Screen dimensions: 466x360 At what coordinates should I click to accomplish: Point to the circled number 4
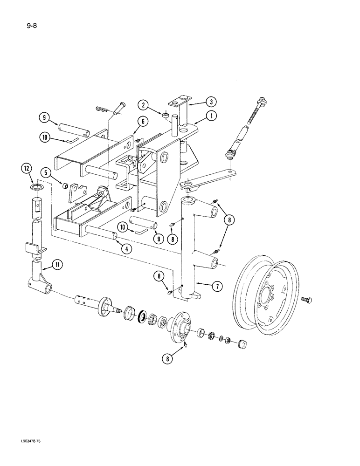125,249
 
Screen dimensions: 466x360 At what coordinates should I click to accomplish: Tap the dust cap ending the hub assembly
242,345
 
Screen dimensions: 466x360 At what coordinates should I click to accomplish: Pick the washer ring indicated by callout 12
38,187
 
